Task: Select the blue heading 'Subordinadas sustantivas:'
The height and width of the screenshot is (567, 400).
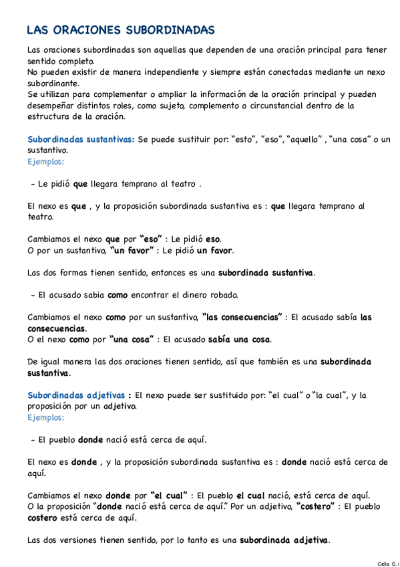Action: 80,139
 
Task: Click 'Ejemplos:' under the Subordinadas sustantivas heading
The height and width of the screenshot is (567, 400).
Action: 46,161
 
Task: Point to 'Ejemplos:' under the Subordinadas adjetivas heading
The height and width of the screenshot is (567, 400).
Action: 46,417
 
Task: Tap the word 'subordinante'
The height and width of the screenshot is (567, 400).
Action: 53,83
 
